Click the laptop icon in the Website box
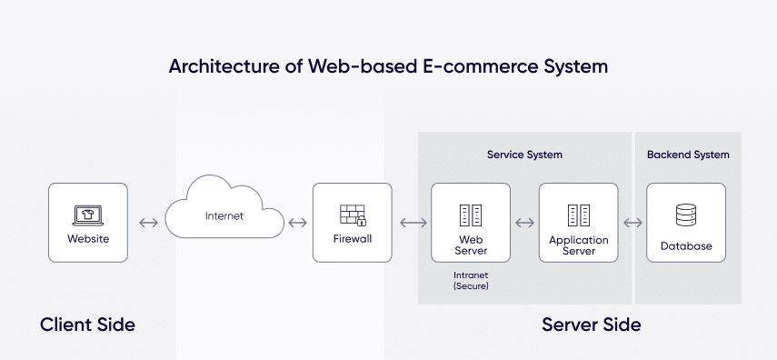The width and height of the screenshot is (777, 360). [87, 215]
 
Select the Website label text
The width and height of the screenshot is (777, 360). [88, 239]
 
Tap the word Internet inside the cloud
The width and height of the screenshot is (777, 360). [224, 216]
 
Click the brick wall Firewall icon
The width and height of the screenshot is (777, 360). [352, 215]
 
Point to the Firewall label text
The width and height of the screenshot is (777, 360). [352, 239]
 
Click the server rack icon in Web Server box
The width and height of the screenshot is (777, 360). [471, 215]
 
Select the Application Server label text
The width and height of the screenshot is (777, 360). [578, 245]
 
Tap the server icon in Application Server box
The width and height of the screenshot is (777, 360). [578, 215]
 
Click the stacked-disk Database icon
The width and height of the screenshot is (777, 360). [686, 215]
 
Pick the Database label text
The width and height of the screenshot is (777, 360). [686, 245]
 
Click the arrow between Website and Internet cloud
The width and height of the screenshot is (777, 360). [147, 223]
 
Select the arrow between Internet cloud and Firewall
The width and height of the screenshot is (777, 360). [296, 223]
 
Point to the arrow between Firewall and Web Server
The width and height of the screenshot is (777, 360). [412, 223]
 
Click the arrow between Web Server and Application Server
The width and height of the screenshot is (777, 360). [524, 223]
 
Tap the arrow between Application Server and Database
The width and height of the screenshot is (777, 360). [633, 223]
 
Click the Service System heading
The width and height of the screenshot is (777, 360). [524, 155]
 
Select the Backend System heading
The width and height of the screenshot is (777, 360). [687, 155]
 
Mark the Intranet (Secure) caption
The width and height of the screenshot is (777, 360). [471, 280]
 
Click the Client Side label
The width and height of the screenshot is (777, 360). [87, 325]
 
